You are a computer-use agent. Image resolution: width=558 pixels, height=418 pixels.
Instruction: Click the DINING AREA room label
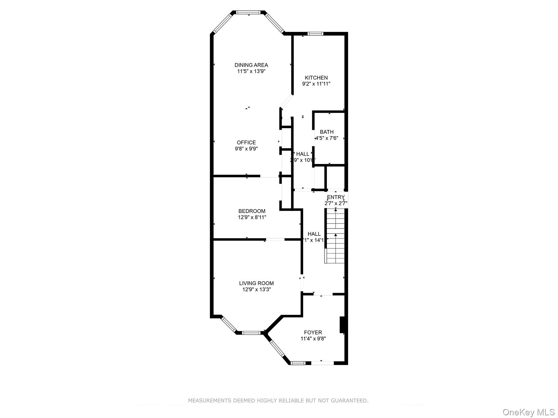coord(251,65)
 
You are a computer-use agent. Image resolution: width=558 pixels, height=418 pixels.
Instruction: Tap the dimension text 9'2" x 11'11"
coord(316,84)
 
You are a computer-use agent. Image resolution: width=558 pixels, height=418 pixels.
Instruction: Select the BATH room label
coord(327,132)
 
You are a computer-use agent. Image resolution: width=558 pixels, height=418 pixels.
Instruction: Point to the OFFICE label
coord(246,143)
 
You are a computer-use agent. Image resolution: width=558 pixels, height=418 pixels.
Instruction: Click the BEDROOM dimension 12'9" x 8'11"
coord(252,217)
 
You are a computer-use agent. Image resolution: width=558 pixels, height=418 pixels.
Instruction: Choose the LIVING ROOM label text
coord(256,283)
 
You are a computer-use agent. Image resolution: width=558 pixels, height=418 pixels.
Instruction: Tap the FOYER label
coord(313,332)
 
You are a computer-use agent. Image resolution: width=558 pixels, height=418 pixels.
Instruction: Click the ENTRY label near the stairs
coord(336,197)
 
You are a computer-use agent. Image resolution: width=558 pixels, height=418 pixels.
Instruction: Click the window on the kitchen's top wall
coord(315,34)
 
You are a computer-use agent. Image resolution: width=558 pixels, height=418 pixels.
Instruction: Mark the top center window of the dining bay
coord(248,12)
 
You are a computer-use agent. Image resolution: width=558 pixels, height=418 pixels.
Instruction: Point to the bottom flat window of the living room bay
coord(251,333)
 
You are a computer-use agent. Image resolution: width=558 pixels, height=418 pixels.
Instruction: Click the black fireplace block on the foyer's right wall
coord(342,325)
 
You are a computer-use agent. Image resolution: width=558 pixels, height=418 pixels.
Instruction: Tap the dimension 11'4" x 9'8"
coord(313,339)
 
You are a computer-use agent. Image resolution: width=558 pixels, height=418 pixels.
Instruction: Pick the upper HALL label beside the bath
coord(302,154)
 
